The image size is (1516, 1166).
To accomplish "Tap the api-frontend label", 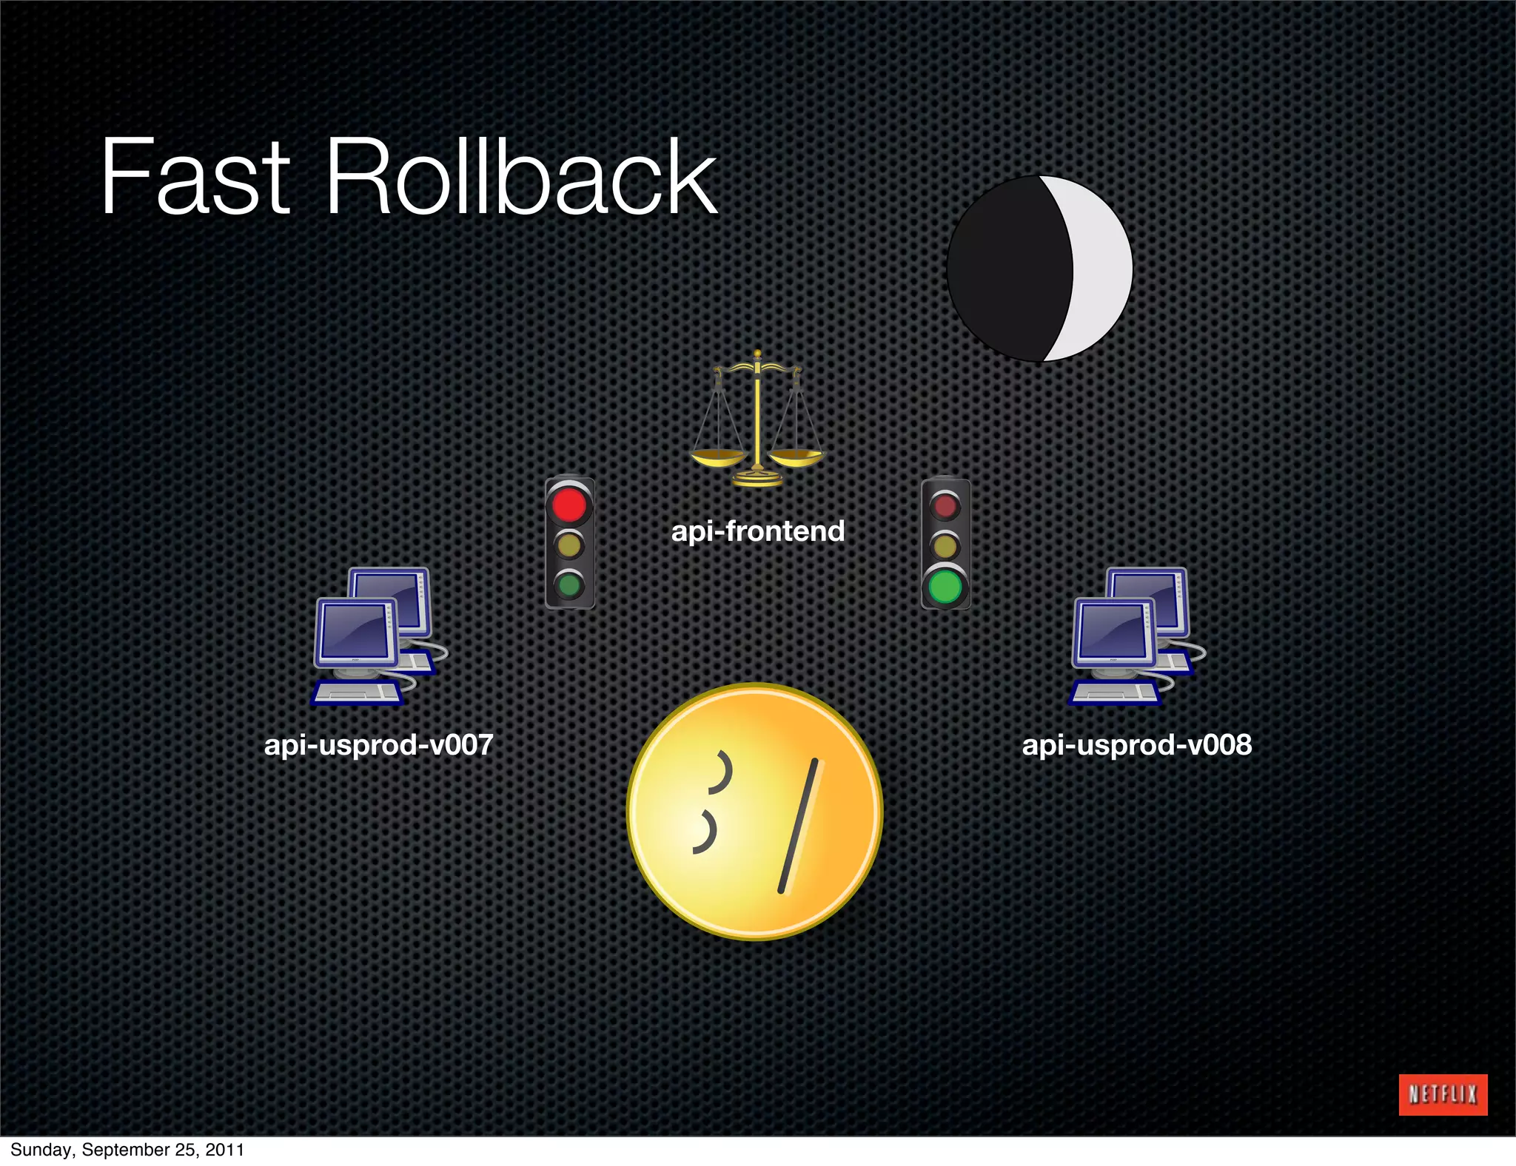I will (x=757, y=531).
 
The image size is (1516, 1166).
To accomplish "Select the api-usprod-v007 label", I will (x=378, y=744).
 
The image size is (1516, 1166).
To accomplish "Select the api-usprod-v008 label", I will (x=1136, y=744).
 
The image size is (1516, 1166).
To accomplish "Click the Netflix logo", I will (x=1443, y=1094).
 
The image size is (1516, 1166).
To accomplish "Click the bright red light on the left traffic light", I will (x=569, y=505).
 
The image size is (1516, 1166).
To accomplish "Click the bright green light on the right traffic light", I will (x=945, y=587).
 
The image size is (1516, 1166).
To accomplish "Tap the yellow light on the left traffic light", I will (x=569, y=546).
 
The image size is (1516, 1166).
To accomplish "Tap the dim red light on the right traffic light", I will (x=945, y=506).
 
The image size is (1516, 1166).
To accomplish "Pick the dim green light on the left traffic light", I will (x=569, y=586).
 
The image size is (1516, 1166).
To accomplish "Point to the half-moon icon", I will (x=1039, y=269).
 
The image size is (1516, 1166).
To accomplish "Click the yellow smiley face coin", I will (x=755, y=812).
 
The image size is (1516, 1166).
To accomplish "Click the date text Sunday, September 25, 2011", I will (x=127, y=1150).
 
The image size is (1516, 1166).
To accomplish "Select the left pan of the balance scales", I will (x=717, y=457).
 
